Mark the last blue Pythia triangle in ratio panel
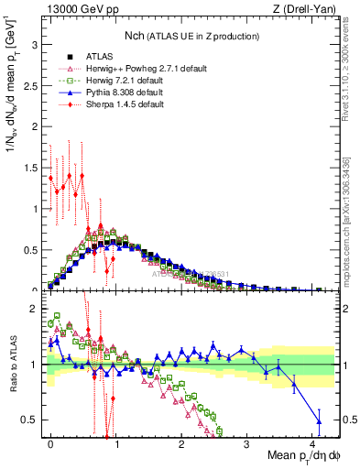[x=318, y=421]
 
